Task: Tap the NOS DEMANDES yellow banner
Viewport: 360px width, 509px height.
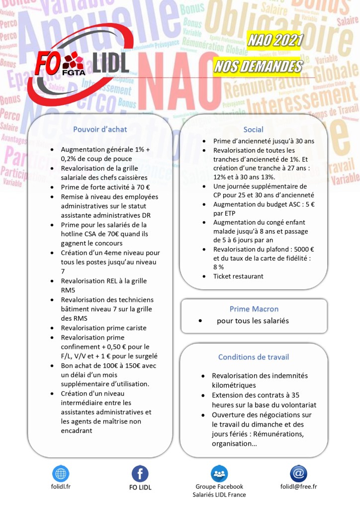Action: click(258, 67)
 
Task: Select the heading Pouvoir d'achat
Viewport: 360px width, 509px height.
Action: click(100, 130)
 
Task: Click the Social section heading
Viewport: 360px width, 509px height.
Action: click(254, 130)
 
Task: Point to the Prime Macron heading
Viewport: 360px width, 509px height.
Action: click(254, 309)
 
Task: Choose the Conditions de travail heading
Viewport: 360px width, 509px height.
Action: click(254, 357)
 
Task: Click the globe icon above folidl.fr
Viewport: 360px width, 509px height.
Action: click(61, 473)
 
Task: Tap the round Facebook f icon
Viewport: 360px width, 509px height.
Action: click(140, 474)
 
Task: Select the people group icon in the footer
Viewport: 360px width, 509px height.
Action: click(219, 474)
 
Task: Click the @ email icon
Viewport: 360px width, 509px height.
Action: click(298, 473)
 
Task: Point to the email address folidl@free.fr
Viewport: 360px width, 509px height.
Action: click(298, 487)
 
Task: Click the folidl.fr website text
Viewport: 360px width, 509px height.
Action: click(61, 487)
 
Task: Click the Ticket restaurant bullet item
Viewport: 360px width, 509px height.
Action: click(238, 276)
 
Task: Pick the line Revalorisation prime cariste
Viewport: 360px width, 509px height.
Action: click(103, 328)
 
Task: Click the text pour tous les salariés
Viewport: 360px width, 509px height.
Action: click(253, 321)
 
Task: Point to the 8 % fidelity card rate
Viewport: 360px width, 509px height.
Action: click(219, 267)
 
